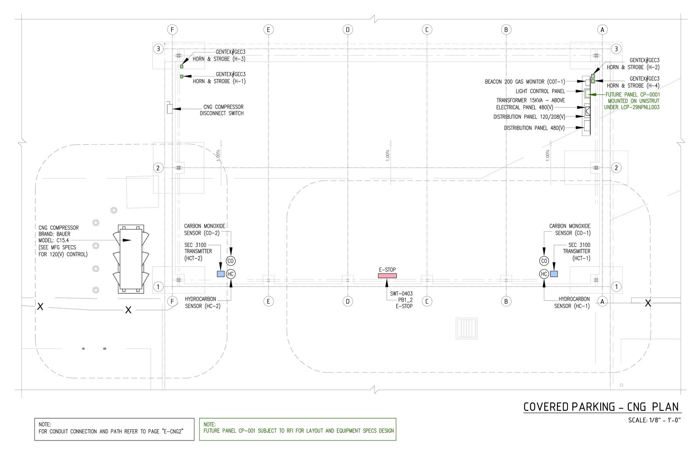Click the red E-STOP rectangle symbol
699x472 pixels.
coord(387,276)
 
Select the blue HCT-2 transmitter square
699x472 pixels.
coord(221,274)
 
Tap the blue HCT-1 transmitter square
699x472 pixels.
coord(554,274)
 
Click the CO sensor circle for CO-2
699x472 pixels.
coord(231,261)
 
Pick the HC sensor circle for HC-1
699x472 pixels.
coord(544,274)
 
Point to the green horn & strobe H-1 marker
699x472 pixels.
coord(182,76)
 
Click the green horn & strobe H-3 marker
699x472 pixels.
coord(182,66)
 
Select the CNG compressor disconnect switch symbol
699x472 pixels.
coord(169,108)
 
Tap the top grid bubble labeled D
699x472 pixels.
coord(348,30)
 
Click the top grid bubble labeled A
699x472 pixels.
coord(602,30)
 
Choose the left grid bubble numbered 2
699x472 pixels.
coord(158,168)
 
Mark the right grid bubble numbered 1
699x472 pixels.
coord(616,287)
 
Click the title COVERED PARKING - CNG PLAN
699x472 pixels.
coord(601,407)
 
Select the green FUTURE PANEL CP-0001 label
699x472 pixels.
coord(632,95)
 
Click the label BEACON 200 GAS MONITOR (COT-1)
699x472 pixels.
coord(525,82)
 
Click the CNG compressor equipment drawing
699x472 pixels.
coord(131,259)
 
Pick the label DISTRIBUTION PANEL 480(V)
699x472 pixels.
coord(534,128)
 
